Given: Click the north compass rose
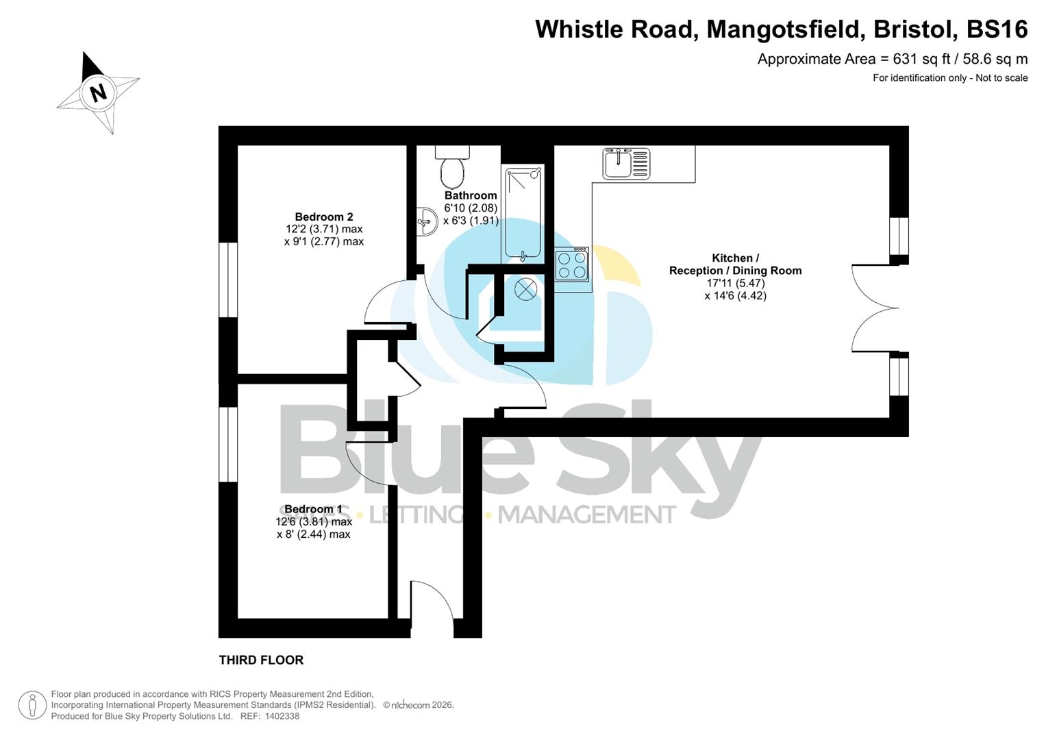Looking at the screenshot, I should click(98, 92).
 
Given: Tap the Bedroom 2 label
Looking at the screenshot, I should click(324, 217).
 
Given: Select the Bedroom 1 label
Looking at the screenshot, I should click(313, 509).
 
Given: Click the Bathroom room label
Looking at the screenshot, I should click(471, 195).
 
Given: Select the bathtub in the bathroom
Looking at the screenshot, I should click(524, 213).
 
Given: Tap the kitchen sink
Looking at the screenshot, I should click(626, 164).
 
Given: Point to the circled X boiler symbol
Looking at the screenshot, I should click(525, 289).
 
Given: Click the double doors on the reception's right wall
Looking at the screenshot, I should click(873, 308).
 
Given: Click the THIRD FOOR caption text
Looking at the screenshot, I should click(261, 660).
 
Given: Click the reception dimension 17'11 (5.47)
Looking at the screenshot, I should click(736, 283).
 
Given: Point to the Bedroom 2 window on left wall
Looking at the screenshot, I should click(228, 280).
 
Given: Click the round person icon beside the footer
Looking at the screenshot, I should click(33, 705).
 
